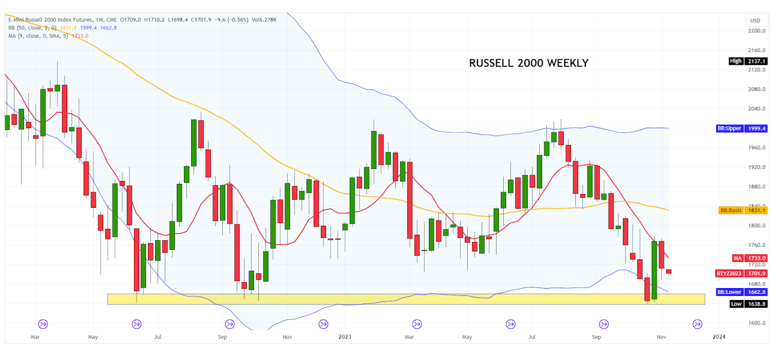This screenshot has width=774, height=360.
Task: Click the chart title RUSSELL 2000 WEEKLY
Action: click(528, 63)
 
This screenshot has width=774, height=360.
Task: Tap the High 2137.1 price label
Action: click(748, 61)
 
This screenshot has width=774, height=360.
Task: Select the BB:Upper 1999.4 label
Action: click(742, 129)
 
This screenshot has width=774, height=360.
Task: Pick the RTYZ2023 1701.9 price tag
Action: click(742, 273)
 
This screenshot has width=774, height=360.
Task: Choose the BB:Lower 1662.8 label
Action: click(742, 292)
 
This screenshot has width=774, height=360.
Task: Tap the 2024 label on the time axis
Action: click(719, 337)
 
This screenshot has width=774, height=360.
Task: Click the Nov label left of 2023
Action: click(287, 337)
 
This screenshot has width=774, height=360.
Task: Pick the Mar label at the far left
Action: click(35, 337)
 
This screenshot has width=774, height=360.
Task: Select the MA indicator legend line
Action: click(49, 36)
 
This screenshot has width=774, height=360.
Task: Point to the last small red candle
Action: click(669, 272)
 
